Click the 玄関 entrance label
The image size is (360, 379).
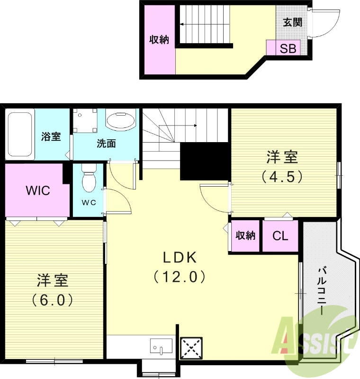pos(292,22)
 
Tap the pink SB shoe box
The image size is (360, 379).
pos(288,48)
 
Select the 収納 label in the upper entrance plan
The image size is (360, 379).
pos(159,40)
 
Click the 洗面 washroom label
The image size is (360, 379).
pos(106,144)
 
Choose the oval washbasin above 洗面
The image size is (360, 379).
pos(120,120)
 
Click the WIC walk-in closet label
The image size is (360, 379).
pos(38,190)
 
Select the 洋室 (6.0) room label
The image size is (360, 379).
pos(53,289)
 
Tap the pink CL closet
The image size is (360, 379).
pos(281,236)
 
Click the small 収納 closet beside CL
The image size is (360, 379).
pos(245,235)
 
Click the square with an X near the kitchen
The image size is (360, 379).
pos(192,350)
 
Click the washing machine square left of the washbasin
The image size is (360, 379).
pos(85,120)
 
